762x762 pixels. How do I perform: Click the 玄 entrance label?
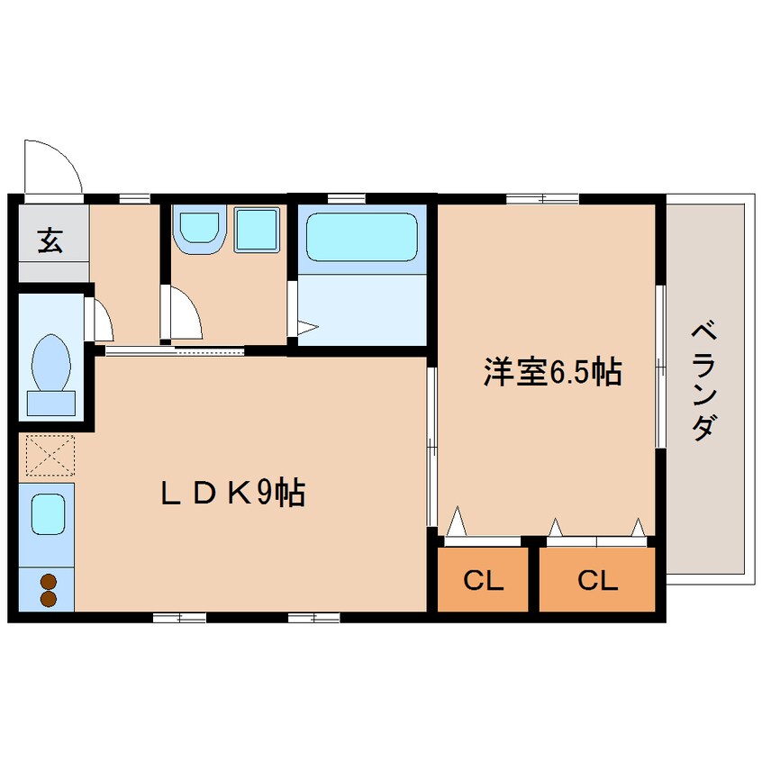50,240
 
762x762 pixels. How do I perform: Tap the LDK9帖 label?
233,493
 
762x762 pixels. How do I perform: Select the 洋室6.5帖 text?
552,372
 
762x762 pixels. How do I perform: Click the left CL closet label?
483,580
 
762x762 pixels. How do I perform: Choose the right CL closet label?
598,580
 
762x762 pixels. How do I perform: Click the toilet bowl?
50,362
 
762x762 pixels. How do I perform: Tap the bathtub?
362,237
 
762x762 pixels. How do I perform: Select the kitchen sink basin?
48,514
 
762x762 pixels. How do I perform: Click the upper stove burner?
49,581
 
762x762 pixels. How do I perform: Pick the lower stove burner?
49,599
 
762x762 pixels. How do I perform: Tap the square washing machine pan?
257,230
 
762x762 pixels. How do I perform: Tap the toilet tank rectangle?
51,404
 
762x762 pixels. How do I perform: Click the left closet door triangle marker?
457,522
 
